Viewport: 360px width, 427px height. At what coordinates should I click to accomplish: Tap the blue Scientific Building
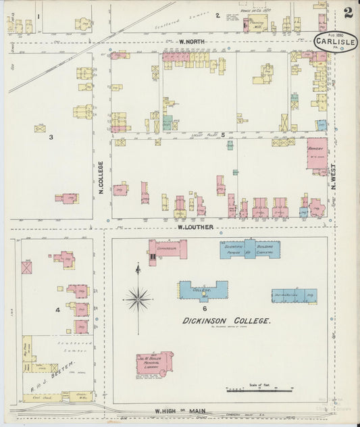tap(249, 250)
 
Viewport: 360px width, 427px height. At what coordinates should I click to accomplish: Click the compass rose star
tap(138, 297)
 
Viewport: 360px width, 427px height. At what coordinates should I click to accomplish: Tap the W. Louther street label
tap(195, 227)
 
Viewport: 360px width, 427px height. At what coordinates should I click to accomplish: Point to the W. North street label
tap(192, 42)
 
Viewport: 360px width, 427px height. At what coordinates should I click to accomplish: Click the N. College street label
tap(101, 178)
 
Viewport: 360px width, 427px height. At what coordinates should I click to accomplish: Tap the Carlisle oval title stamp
tap(336, 43)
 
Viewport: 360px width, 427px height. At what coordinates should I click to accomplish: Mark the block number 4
tap(59, 310)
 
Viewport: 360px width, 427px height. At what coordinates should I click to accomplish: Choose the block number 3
tap(51, 138)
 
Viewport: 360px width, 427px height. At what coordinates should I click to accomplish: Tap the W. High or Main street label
tap(178, 411)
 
